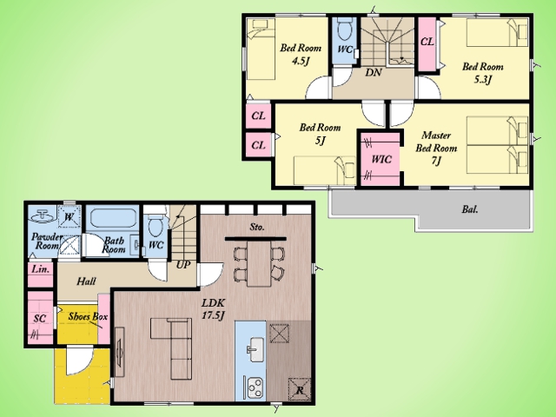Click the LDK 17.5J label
point(213,309)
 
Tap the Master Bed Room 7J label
point(436,148)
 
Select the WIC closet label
point(381,159)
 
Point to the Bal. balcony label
point(470,209)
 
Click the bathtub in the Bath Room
point(114,218)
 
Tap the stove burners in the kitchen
point(255,387)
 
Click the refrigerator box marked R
point(299,389)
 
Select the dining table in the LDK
point(259,264)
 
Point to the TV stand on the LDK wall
point(120,353)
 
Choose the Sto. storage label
point(257,227)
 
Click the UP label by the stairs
point(183,264)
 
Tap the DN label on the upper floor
point(374,72)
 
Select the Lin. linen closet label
point(41,269)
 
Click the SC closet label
point(40,319)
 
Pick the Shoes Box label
point(88,316)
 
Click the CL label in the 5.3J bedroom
point(427,42)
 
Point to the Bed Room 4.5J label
point(301,54)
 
